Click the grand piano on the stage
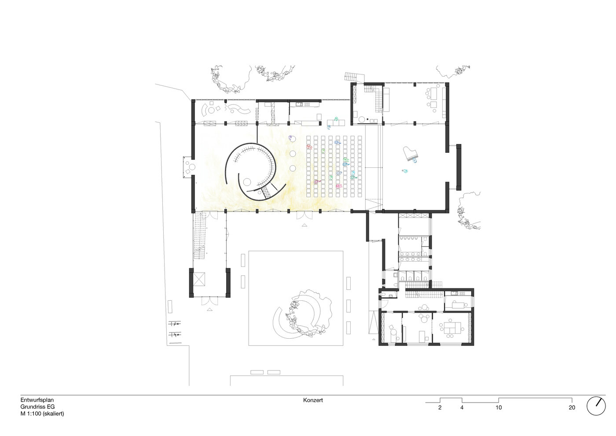[410, 153]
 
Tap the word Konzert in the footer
[313, 400]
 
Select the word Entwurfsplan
[37, 400]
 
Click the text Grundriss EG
[37, 406]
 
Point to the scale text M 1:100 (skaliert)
[42, 414]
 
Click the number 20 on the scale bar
[572, 408]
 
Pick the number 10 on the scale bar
[499, 408]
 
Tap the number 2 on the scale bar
[440, 408]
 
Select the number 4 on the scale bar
[462, 408]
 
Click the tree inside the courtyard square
[308, 314]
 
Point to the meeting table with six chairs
[451, 328]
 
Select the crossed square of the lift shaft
[199, 279]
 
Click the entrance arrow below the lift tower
[209, 309]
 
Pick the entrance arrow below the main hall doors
[304, 225]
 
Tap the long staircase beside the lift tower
[199, 236]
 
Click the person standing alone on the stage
[404, 171]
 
